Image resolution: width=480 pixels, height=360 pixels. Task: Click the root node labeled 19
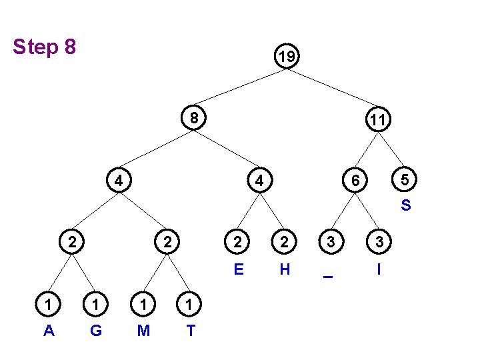coord(287,58)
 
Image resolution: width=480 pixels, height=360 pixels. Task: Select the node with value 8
coord(193,118)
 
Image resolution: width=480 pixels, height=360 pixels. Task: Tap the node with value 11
coord(377,120)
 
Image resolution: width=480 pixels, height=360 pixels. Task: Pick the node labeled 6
coord(357,180)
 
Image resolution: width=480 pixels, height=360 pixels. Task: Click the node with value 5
coord(404,180)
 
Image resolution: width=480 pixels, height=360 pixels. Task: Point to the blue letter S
coord(405,205)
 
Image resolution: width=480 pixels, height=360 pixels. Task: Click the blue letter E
coord(238,269)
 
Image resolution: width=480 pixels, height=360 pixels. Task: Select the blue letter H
coord(285,269)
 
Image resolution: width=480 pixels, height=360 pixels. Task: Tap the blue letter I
coord(379,269)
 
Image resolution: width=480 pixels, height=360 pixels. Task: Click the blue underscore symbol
coord(327,277)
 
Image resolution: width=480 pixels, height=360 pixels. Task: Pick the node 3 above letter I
coord(379,241)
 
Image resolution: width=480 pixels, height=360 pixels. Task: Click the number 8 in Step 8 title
coord(68,47)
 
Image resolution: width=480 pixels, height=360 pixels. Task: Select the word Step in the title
coord(35,48)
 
